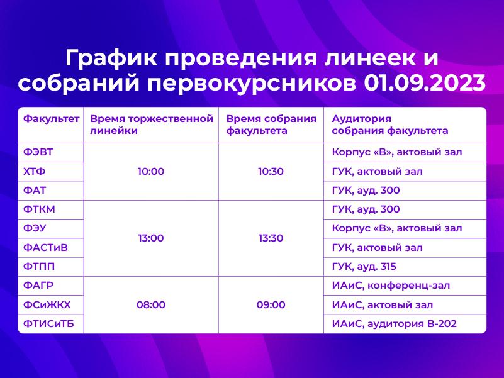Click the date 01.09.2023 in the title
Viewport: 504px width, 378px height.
pyautogui.click(x=425, y=83)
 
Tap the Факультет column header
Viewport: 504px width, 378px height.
pyautogui.click(x=51, y=119)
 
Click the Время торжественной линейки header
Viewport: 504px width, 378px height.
pyautogui.click(x=152, y=125)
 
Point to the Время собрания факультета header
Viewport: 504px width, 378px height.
pyautogui.click(x=271, y=125)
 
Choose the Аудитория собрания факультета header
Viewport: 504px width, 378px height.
pyautogui.click(x=390, y=125)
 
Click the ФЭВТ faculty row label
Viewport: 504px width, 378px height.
pyautogui.click(x=38, y=152)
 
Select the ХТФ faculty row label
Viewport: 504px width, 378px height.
pyautogui.click(x=34, y=171)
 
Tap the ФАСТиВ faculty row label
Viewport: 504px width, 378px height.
pyautogui.click(x=45, y=248)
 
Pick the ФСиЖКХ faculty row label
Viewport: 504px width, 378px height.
pyautogui.click(x=47, y=304)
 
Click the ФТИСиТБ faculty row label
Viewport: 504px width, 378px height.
pyautogui.click(x=48, y=324)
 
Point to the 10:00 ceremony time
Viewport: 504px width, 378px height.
pyautogui.click(x=151, y=171)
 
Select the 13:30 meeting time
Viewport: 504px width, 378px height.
pyautogui.click(x=271, y=238)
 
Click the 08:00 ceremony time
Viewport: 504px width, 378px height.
pyautogui.click(x=151, y=304)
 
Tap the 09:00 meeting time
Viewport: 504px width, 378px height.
pyautogui.click(x=271, y=304)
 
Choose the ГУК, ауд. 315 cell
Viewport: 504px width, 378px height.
pyautogui.click(x=364, y=267)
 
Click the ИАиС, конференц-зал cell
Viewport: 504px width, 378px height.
pyautogui.click(x=391, y=286)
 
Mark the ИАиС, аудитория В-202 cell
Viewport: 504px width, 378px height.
pyautogui.click(x=394, y=324)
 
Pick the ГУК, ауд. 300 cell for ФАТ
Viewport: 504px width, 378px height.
pyautogui.click(x=366, y=191)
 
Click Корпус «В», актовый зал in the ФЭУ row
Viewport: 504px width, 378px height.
pyautogui.click(x=397, y=228)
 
